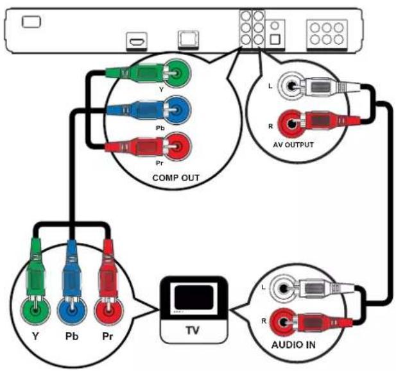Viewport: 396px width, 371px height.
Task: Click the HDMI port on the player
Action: pos(137,42)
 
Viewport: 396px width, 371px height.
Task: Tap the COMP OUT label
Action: pos(176,177)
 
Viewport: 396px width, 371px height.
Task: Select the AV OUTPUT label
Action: pos(293,145)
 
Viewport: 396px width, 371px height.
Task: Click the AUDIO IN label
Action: pos(293,345)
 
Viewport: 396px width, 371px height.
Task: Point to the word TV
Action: pos(193,330)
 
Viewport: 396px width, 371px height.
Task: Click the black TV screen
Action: pos(194,297)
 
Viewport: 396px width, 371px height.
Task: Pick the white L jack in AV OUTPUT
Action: pos(291,87)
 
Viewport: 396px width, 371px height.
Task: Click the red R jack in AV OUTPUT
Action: pos(291,124)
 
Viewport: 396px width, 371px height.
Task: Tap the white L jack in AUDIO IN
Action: pos(283,288)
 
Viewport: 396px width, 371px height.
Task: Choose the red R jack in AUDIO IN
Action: pos(283,322)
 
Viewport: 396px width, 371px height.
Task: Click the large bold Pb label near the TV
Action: pos(72,336)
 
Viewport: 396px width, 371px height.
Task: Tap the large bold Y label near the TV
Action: pos(35,336)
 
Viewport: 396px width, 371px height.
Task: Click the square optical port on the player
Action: pos(275,39)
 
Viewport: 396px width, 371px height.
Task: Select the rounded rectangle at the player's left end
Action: pos(31,22)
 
